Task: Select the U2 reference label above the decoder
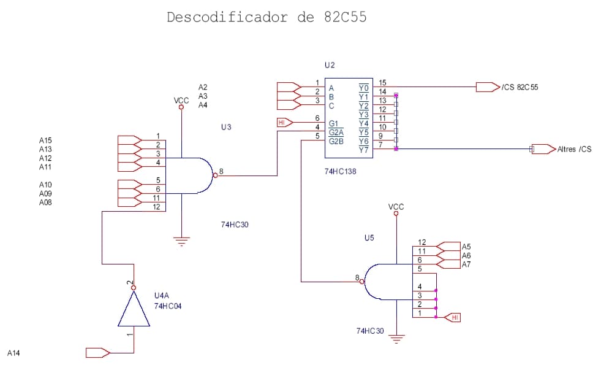(330, 65)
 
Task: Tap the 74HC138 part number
(340, 172)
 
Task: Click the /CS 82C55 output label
(520, 87)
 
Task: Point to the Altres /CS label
(574, 149)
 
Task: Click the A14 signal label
(13, 353)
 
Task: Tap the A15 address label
(45, 141)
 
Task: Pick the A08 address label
(45, 202)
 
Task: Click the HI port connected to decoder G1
(282, 123)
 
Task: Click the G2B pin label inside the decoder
(336, 141)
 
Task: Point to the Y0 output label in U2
(364, 88)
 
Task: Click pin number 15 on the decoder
(382, 82)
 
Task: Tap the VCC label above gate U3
(181, 100)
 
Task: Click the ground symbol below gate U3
(181, 242)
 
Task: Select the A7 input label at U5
(466, 264)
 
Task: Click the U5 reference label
(369, 237)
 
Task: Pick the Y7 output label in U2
(364, 150)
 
